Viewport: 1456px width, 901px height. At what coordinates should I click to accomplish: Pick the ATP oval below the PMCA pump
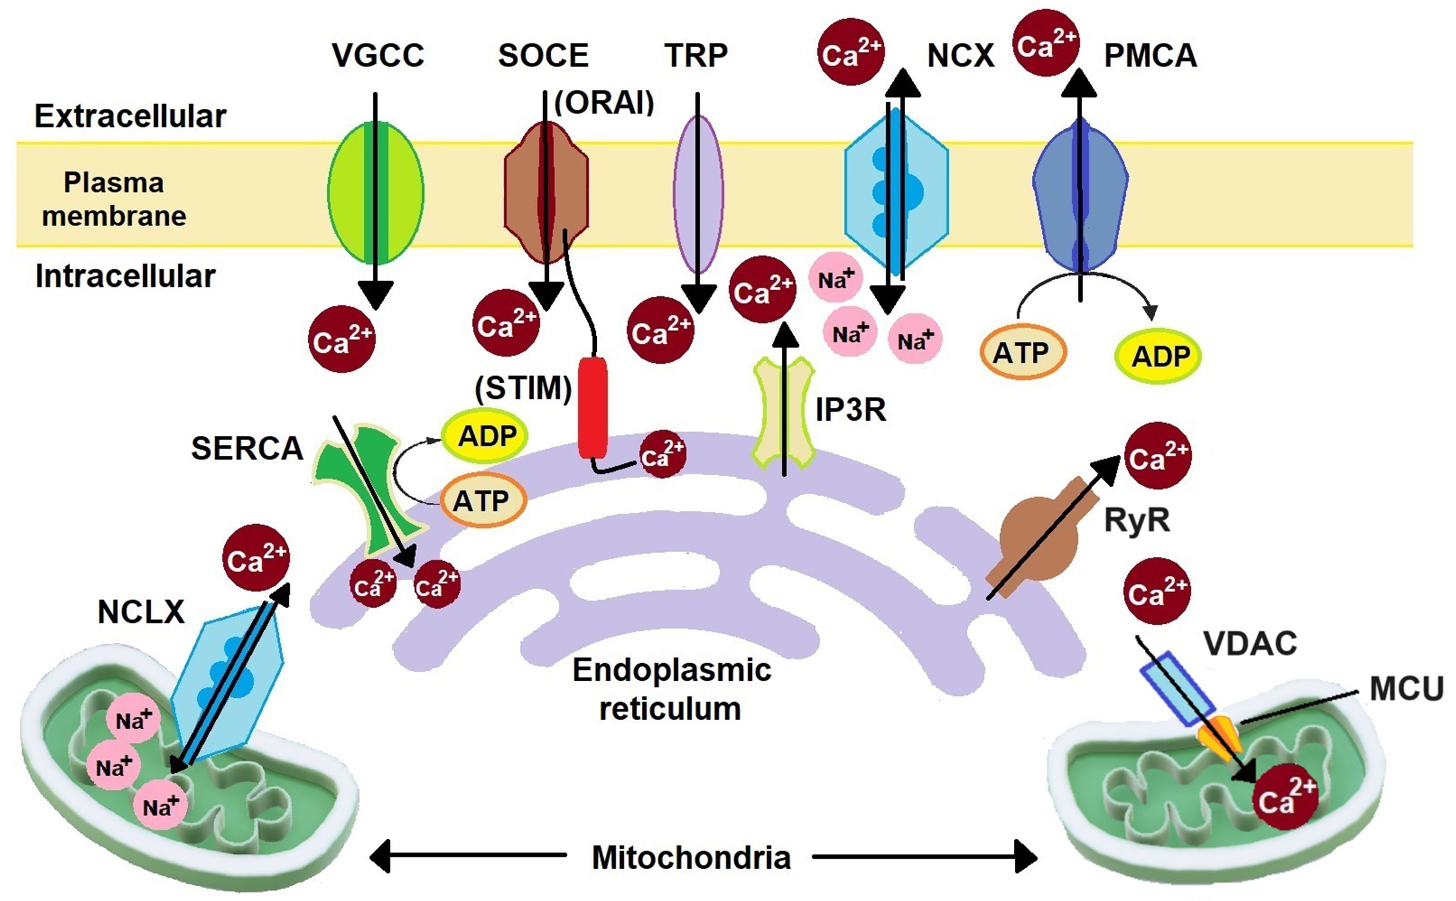[x=1022, y=353]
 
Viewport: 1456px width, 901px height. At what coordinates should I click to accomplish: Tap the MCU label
[x=1406, y=689]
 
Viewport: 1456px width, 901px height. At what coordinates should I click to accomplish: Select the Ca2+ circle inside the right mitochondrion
[x=1284, y=798]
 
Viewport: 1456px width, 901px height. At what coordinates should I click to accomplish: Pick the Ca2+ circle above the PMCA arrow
[x=1046, y=43]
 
